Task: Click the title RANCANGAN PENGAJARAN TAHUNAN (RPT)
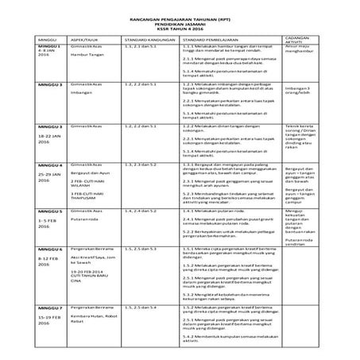tap(180, 16)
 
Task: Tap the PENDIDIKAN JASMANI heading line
tap(180, 22)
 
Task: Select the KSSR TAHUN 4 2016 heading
tap(180, 29)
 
